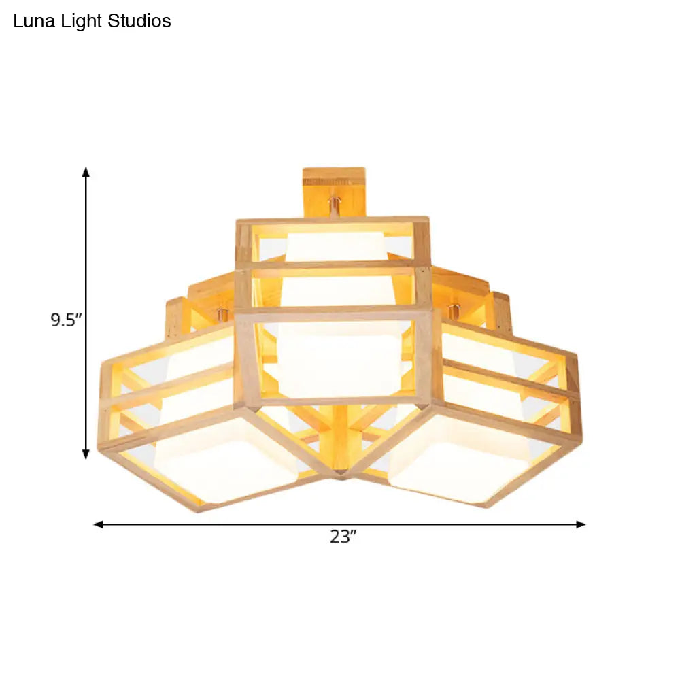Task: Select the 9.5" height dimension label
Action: point(66,319)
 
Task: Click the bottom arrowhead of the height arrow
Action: point(86,454)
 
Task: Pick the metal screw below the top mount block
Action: point(334,204)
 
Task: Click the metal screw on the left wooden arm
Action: point(220,314)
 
